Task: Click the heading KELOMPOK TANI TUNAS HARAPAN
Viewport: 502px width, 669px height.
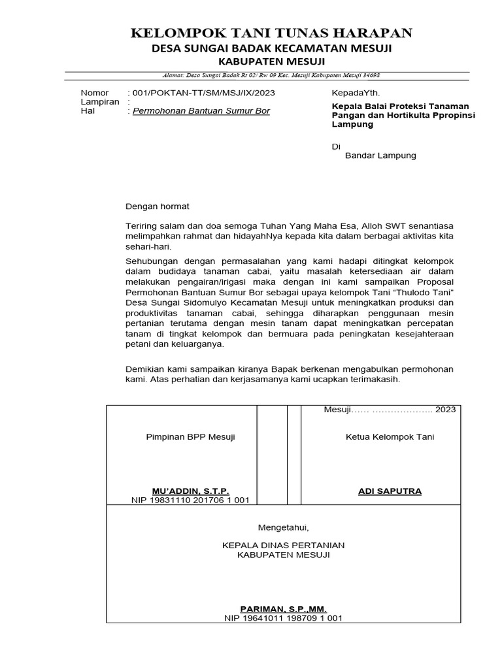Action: [x=271, y=33]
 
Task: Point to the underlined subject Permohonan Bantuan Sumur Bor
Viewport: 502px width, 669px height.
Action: [x=201, y=111]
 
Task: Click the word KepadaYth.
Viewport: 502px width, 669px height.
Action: [x=356, y=93]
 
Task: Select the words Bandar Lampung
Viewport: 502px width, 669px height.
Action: [x=380, y=155]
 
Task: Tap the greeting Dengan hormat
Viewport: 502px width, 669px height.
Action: [x=157, y=206]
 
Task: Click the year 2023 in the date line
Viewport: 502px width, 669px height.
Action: [x=445, y=410]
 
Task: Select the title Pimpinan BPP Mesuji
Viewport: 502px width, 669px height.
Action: [x=190, y=437]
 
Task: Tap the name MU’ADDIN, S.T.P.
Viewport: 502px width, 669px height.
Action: [x=190, y=491]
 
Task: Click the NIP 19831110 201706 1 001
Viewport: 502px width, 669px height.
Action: [x=190, y=500]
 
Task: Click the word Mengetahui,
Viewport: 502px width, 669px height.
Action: [x=282, y=527]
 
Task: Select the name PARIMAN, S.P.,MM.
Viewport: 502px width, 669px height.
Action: [x=283, y=608]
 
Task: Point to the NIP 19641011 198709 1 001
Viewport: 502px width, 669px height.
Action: [x=283, y=618]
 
